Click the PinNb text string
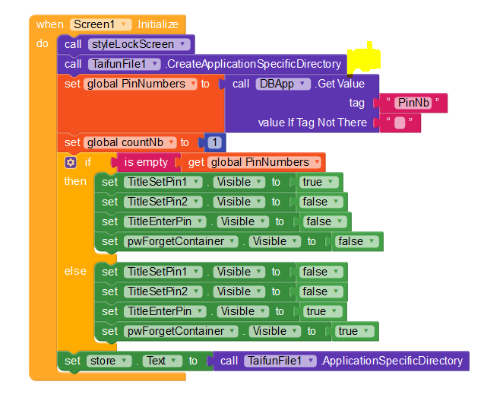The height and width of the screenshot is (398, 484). click(414, 103)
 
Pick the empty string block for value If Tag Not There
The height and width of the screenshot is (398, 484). click(399, 123)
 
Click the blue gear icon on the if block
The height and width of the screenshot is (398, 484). click(71, 162)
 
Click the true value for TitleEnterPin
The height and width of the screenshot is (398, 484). click(320, 311)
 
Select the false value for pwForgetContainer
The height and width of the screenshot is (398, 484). click(354, 241)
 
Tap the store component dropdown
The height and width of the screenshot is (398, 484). click(109, 361)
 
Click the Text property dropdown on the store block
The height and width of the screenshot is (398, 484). click(163, 361)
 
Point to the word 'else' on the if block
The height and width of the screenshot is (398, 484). click(75, 271)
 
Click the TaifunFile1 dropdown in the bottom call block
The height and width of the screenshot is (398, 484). click(280, 361)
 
